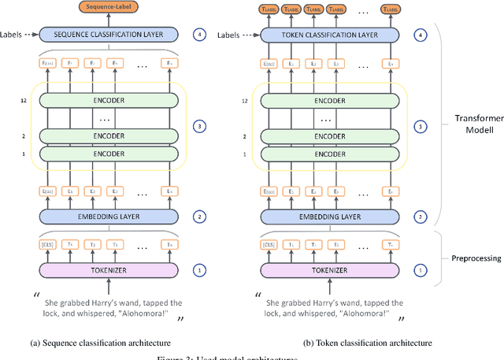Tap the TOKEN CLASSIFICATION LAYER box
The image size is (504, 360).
(x=330, y=35)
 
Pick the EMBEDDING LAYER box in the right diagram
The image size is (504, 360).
(x=330, y=216)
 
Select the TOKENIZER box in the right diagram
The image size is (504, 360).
(x=330, y=271)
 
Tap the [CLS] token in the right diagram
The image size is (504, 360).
(x=270, y=245)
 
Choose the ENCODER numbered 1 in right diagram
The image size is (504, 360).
(x=330, y=154)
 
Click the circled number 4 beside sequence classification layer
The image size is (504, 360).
(x=201, y=35)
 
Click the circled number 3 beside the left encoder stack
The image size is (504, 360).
(x=201, y=126)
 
